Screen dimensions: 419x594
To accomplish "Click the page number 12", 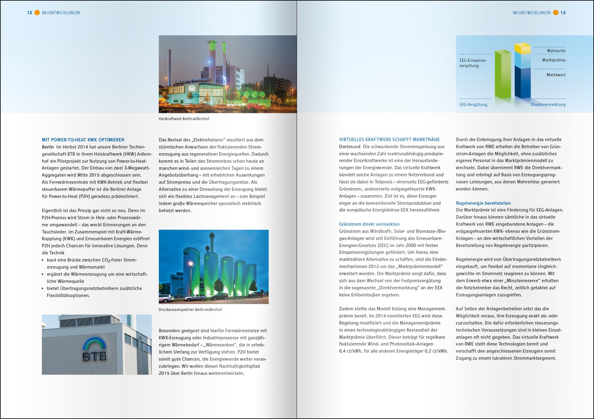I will tap(30, 13).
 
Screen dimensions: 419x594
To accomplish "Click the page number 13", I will tap(563, 13).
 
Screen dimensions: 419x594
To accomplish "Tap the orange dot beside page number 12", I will tap(37, 13).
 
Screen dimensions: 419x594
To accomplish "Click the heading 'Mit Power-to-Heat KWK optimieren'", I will tap(83, 140).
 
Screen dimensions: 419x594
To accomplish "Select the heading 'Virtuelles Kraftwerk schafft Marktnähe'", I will tap(389, 140).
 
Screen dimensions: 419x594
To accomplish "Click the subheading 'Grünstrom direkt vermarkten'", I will tap(369, 224).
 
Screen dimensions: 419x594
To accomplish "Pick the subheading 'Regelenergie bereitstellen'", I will tap(483, 203).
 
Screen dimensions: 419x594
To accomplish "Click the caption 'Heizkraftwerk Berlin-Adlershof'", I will tap(184, 119).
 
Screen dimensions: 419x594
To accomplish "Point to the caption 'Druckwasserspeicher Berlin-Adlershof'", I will tap(190, 310).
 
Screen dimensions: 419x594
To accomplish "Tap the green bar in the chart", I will tap(503, 74).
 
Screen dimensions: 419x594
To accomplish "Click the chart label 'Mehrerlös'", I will tap(556, 51).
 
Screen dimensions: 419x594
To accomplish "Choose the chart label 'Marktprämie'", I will tap(554, 60).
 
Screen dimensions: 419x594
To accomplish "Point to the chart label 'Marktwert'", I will tap(556, 75).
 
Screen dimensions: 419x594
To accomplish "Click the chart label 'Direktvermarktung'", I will tap(548, 105).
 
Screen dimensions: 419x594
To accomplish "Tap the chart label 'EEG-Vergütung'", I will tap(473, 105).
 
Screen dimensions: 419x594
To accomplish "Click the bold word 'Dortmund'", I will tap(350, 147).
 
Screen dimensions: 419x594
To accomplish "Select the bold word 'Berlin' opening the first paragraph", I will tap(48, 147).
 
